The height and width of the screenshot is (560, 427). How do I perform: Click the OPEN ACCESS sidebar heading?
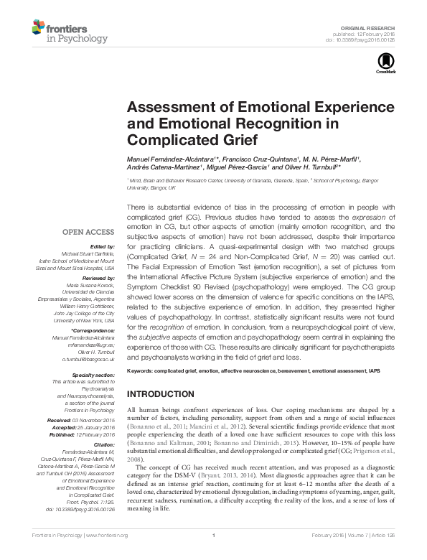(88, 232)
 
